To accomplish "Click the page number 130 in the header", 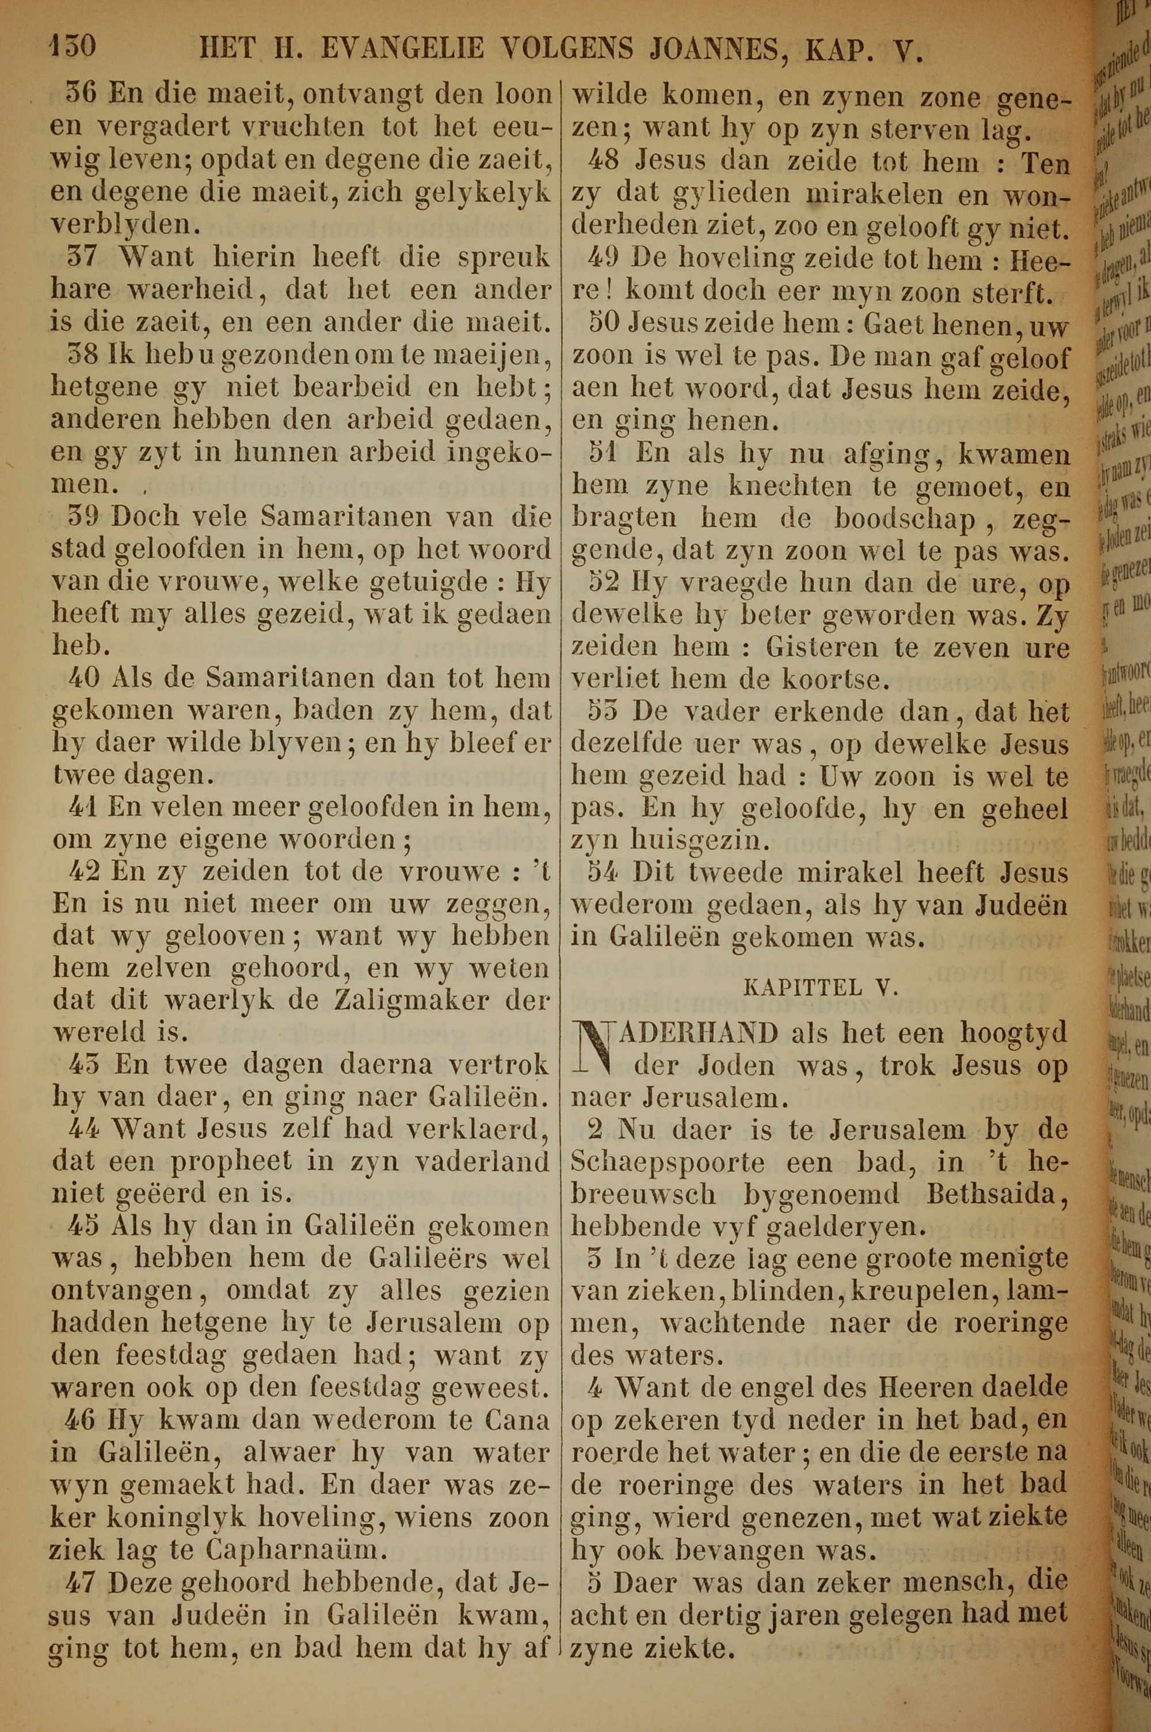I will point(72,48).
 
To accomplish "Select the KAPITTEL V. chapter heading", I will point(821,987).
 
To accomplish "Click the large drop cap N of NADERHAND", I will point(596,1049).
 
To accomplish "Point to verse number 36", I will point(82,94).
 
